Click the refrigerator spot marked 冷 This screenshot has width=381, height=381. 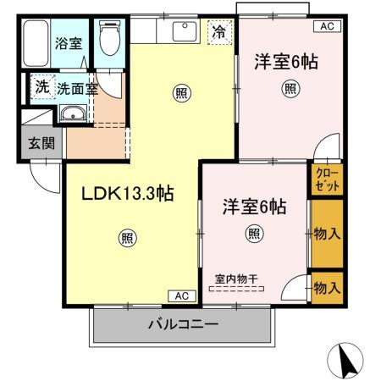tap(219, 34)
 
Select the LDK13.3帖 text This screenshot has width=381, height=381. tap(127, 194)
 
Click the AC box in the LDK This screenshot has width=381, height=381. tap(183, 295)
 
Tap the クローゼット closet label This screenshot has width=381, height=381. tap(327, 179)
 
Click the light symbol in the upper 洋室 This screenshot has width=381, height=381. tap(290, 87)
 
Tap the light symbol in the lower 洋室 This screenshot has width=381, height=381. tap(253, 233)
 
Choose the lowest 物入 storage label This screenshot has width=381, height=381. tap(327, 289)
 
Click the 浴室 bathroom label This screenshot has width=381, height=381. tap(68, 42)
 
